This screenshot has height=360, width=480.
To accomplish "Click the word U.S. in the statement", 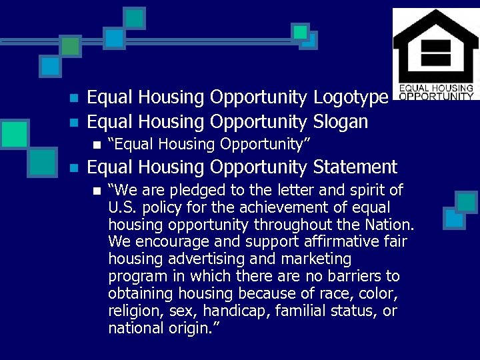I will click(x=122, y=207).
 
